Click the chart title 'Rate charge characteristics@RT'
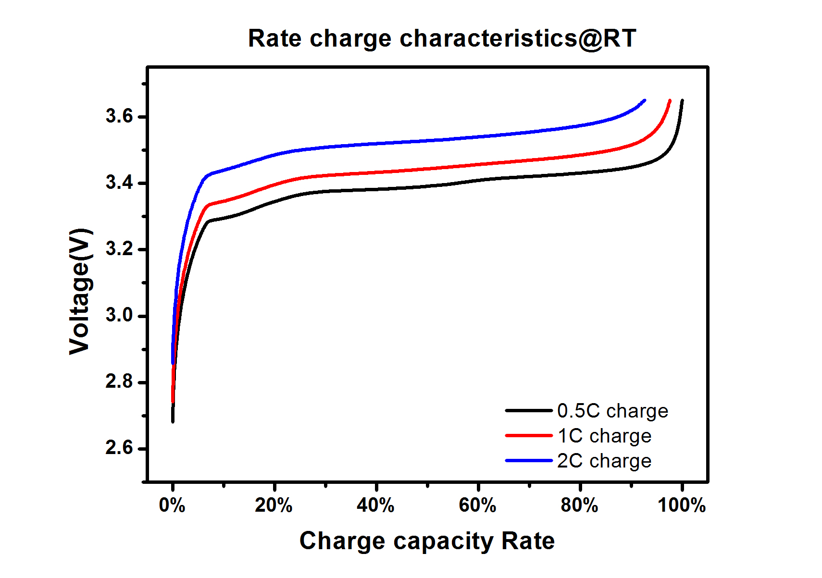[x=442, y=38]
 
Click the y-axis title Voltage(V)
[x=80, y=291]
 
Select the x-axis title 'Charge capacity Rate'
[x=427, y=541]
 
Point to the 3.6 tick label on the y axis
[x=119, y=116]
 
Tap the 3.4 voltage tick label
[x=119, y=183]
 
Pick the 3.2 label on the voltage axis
[x=119, y=249]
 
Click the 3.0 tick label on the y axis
[x=119, y=315]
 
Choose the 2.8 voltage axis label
[x=119, y=381]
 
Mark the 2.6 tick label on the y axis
[x=119, y=448]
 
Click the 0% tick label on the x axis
[x=172, y=505]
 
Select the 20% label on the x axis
[x=274, y=505]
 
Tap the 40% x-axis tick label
[x=375, y=505]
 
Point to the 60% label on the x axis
[x=477, y=505]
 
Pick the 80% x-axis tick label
[x=579, y=505]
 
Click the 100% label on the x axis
[x=681, y=505]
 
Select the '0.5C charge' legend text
[x=612, y=411]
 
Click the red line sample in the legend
[x=529, y=436]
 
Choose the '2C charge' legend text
[x=604, y=461]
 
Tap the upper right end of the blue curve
[x=644, y=100]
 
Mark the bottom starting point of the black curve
[x=173, y=421]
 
